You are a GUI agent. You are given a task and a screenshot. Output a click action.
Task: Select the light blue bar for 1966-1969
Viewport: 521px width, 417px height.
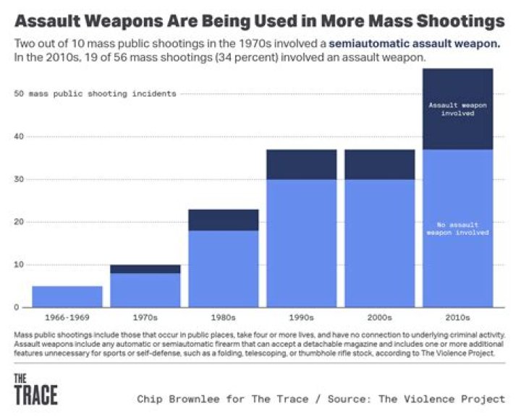pos(67,296)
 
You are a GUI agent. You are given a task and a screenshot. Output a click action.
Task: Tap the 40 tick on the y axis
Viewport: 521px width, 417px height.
pos(20,137)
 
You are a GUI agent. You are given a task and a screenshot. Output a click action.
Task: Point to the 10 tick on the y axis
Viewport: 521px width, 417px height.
pos(20,265)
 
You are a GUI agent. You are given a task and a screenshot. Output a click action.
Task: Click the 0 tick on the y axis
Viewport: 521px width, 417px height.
pos(22,308)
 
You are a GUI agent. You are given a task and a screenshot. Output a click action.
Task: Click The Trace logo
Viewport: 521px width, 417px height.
pos(35,390)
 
